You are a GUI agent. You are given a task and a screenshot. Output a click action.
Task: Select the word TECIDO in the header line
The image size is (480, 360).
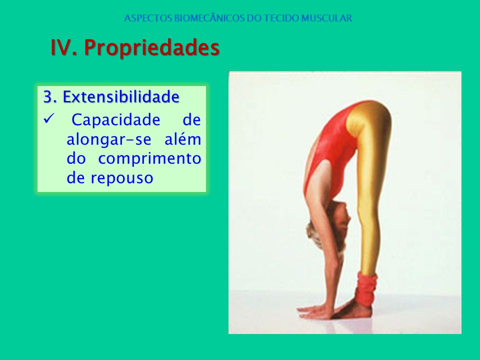[281, 18]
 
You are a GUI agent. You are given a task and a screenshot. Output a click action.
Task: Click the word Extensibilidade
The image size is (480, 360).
[121, 96]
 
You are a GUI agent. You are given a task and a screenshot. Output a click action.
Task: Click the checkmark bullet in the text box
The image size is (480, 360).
[48, 118]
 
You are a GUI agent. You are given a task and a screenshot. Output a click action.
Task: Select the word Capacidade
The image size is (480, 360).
[115, 120]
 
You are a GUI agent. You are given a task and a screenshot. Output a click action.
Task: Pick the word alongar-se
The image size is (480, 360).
[109, 140]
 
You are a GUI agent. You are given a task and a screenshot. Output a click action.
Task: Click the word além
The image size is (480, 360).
[183, 139]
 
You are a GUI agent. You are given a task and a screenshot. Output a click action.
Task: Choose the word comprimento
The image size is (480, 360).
[149, 159]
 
